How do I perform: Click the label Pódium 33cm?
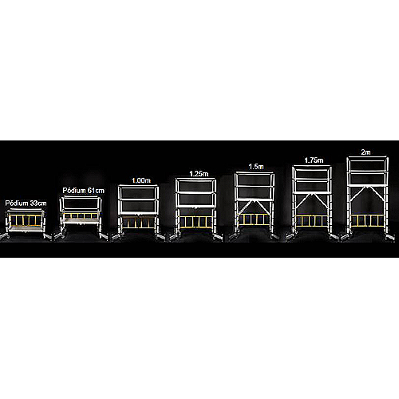coord(26,203)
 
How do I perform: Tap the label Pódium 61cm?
coord(83,191)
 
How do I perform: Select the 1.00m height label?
coord(141,180)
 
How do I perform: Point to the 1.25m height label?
coord(199,174)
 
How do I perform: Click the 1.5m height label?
coord(256,167)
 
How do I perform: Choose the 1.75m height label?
coord(314,160)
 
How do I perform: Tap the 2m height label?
coord(365,152)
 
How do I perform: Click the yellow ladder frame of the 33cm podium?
coord(26,220)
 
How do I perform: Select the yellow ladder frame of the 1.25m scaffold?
coord(196,222)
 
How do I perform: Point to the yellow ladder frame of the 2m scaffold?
coord(367,220)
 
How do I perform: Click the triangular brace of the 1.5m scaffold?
coord(255,207)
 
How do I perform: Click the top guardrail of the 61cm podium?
coord(81,198)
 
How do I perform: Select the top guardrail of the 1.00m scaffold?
coord(138,186)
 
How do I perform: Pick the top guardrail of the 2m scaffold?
coord(368,159)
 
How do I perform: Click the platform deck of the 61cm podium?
coord(81,221)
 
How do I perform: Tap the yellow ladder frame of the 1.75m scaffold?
coord(312,221)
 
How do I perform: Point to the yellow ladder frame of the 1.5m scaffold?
coord(255,219)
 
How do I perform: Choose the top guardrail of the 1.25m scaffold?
coord(196,180)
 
